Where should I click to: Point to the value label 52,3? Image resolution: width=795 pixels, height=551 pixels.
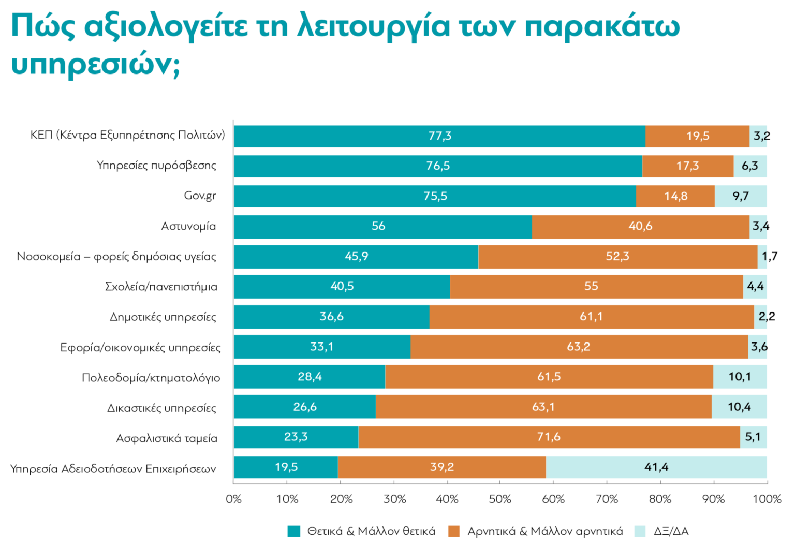coord(617,256)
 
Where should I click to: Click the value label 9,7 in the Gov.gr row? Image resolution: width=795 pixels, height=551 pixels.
coord(741,196)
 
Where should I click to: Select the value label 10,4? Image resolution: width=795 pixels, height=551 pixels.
coord(739,407)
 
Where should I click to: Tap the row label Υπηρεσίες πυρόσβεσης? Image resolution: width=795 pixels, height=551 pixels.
coord(156,166)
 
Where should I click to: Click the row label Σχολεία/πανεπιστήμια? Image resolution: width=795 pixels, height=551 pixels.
coord(161,287)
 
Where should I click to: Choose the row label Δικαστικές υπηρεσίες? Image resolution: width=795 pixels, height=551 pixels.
coord(161,408)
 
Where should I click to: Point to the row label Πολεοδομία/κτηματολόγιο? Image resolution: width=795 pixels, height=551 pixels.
coord(151,378)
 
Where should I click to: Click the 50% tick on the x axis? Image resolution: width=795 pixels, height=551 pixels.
coord(500,499)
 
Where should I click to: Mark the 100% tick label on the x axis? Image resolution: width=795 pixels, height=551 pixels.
coord(767,499)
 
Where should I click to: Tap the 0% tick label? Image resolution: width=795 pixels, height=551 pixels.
coord(233,499)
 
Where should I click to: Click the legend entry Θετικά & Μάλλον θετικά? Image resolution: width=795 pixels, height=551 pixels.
coord(371,531)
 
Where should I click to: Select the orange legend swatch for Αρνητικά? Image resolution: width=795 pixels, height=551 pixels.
coord(454,531)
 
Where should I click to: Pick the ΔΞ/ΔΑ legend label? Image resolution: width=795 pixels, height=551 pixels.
coord(671,531)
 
